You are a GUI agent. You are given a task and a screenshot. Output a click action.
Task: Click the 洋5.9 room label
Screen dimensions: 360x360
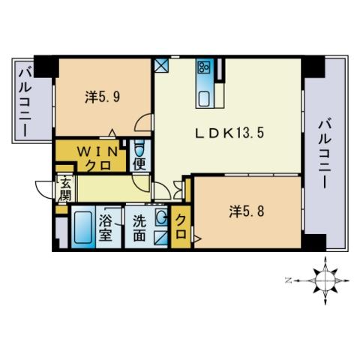[x=103, y=97]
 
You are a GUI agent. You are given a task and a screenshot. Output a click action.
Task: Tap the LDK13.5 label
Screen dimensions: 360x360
[x=229, y=133]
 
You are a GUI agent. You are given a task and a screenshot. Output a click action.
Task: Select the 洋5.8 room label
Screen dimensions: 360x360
[x=247, y=212]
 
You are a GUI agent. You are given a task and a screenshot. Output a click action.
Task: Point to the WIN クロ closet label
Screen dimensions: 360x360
[x=98, y=158]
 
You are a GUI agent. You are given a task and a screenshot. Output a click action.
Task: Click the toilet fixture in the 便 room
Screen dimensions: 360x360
[x=139, y=148]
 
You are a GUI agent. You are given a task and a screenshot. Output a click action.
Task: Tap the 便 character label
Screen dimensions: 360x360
[x=139, y=164]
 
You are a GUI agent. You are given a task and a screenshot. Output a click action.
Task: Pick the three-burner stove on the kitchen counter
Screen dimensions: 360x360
[x=205, y=67]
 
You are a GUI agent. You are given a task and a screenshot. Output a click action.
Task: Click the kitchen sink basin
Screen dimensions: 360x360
[x=204, y=99]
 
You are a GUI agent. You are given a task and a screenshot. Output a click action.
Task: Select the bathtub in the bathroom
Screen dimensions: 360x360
[x=83, y=227]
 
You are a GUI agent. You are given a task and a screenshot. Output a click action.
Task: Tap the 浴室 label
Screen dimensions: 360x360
[x=105, y=227]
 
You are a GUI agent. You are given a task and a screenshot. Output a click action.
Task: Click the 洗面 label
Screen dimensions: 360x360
[x=139, y=227]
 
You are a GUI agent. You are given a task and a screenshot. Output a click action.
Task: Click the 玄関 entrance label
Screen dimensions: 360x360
[x=66, y=189]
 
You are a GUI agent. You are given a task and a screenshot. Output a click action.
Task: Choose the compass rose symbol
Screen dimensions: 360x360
[x=325, y=280]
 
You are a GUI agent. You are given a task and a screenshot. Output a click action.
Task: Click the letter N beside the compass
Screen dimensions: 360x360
[x=289, y=280]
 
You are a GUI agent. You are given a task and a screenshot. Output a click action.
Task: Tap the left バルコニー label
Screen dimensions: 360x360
[x=25, y=103]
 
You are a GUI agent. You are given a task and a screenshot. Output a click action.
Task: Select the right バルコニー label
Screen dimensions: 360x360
[x=325, y=154]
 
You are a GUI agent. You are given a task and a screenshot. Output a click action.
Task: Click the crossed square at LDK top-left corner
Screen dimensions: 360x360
[x=161, y=65]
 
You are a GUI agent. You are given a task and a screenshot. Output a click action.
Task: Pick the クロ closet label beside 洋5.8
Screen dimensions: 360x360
[x=181, y=227]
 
